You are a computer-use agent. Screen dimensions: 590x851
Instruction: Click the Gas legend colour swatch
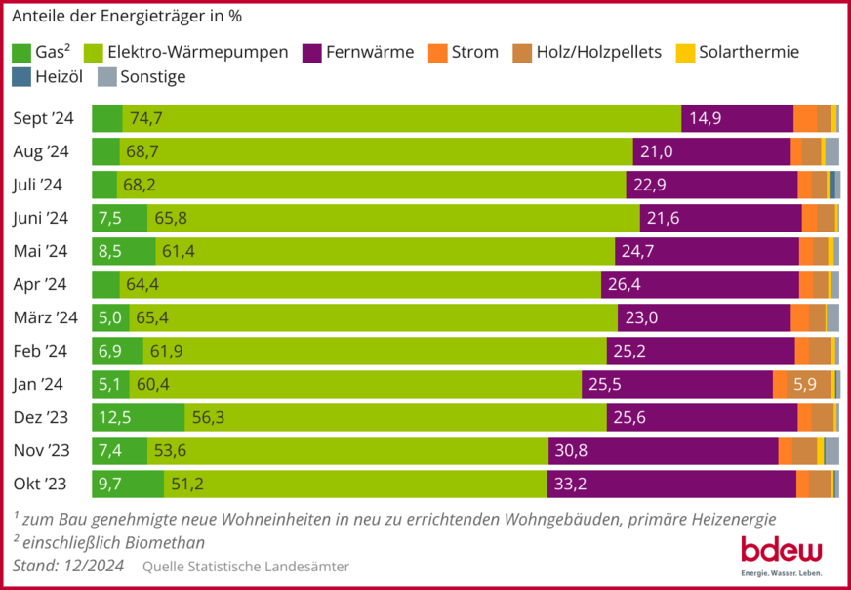[x=21, y=52]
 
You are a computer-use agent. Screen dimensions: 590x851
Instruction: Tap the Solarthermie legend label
[x=750, y=52]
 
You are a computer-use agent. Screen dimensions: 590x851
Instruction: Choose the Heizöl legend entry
[x=51, y=76]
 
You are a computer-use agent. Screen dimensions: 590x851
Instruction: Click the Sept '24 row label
[x=43, y=118]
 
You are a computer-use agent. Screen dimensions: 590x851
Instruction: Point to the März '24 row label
[x=45, y=317]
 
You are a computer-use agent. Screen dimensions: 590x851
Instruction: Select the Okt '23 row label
[x=40, y=484]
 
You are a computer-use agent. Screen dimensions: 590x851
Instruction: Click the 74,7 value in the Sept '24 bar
[x=145, y=118]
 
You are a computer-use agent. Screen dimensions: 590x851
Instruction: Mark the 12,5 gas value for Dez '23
[x=114, y=417]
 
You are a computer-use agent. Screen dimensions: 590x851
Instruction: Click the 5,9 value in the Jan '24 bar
[x=805, y=384]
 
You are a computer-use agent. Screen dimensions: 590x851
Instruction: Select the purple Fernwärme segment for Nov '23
[x=664, y=450]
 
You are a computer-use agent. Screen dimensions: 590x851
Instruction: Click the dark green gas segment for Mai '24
[x=123, y=251]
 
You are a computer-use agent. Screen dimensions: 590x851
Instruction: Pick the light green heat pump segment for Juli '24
[x=371, y=185]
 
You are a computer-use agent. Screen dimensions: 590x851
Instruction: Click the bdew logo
[x=781, y=553]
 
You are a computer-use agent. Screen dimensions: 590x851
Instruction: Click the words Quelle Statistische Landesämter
[x=245, y=567]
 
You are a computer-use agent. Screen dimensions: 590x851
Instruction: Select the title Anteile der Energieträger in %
[x=127, y=16]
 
